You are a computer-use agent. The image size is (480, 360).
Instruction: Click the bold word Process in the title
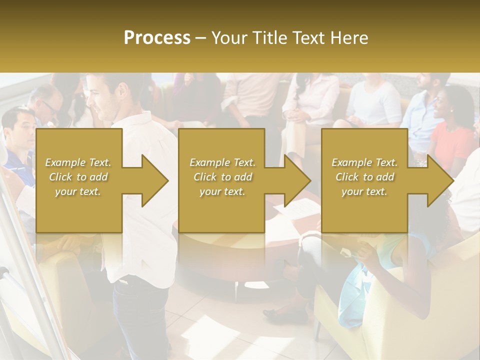click(157, 37)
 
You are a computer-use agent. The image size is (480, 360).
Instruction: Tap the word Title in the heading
click(270, 37)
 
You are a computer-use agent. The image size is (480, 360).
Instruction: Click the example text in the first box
click(78, 176)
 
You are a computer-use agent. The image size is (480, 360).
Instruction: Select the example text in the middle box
click(222, 176)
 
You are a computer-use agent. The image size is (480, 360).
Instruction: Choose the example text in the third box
click(364, 176)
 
